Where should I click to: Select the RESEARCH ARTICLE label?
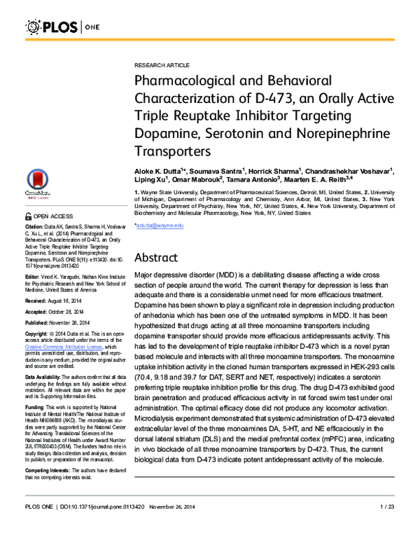click(160, 63)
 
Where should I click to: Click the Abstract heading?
click(159, 257)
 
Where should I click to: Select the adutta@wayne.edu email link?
click(160, 205)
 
